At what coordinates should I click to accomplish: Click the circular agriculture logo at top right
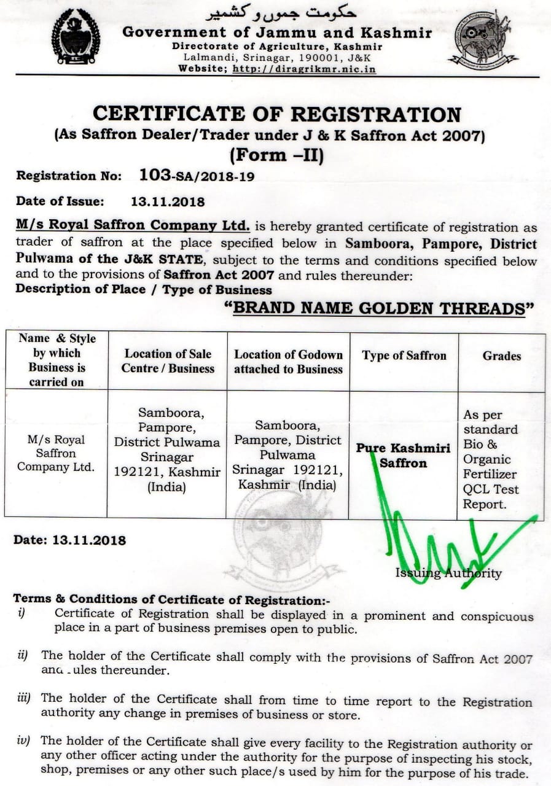pyautogui.click(x=482, y=39)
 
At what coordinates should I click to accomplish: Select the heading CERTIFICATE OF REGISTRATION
pyautogui.click(x=276, y=114)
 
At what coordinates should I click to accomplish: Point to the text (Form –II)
pyautogui.click(x=276, y=154)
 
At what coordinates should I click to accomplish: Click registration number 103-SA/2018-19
pyautogui.click(x=197, y=176)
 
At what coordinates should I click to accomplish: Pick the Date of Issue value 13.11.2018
pyautogui.click(x=168, y=201)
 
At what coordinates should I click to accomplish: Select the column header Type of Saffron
pyautogui.click(x=404, y=356)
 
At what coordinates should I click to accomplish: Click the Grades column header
pyautogui.click(x=501, y=356)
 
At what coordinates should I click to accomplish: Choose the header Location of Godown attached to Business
pyautogui.click(x=288, y=362)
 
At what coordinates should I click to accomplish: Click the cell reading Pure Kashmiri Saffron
pyautogui.click(x=403, y=455)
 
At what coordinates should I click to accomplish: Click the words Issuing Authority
pyautogui.click(x=448, y=573)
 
